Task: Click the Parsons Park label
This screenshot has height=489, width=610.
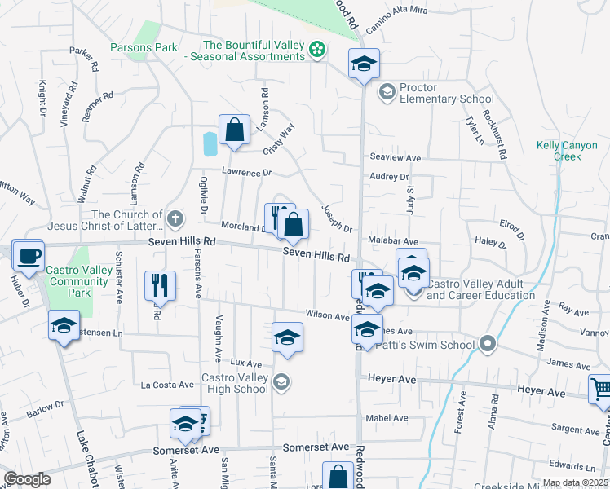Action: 144,47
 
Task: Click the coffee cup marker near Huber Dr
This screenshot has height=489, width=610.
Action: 30,256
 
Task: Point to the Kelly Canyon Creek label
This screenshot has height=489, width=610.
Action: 567,151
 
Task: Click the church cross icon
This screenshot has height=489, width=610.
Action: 175,218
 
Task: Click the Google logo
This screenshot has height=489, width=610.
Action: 26,479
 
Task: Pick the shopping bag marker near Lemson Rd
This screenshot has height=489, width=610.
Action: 234,130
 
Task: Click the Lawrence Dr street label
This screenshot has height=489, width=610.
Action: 245,173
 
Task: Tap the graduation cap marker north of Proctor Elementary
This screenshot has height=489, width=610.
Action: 364,63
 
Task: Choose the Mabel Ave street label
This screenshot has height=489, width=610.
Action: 387,418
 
